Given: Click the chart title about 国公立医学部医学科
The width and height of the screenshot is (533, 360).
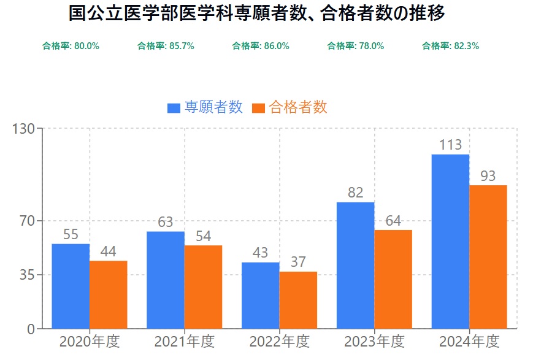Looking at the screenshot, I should (257, 14).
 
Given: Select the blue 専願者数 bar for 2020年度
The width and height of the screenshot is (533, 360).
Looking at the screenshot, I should (71, 286).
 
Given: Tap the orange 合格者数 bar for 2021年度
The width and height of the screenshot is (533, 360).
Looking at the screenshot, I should (203, 287).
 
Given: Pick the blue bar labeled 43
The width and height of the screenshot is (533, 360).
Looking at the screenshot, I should (260, 295).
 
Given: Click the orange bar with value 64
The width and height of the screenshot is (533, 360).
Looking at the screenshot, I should (393, 279).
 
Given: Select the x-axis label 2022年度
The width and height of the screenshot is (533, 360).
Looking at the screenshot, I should (279, 341).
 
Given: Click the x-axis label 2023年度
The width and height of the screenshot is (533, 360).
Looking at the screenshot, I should (374, 341).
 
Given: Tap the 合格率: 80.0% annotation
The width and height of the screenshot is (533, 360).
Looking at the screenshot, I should (71, 46).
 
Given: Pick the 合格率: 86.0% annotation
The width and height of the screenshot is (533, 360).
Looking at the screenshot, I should (261, 46).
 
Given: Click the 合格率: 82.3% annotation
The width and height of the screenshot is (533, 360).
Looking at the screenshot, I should (451, 46).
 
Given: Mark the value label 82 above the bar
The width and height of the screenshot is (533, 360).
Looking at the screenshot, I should (356, 193).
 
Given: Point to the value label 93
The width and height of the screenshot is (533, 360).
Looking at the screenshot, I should (488, 176).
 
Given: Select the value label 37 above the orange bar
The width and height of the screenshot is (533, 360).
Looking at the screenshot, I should (298, 262).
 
